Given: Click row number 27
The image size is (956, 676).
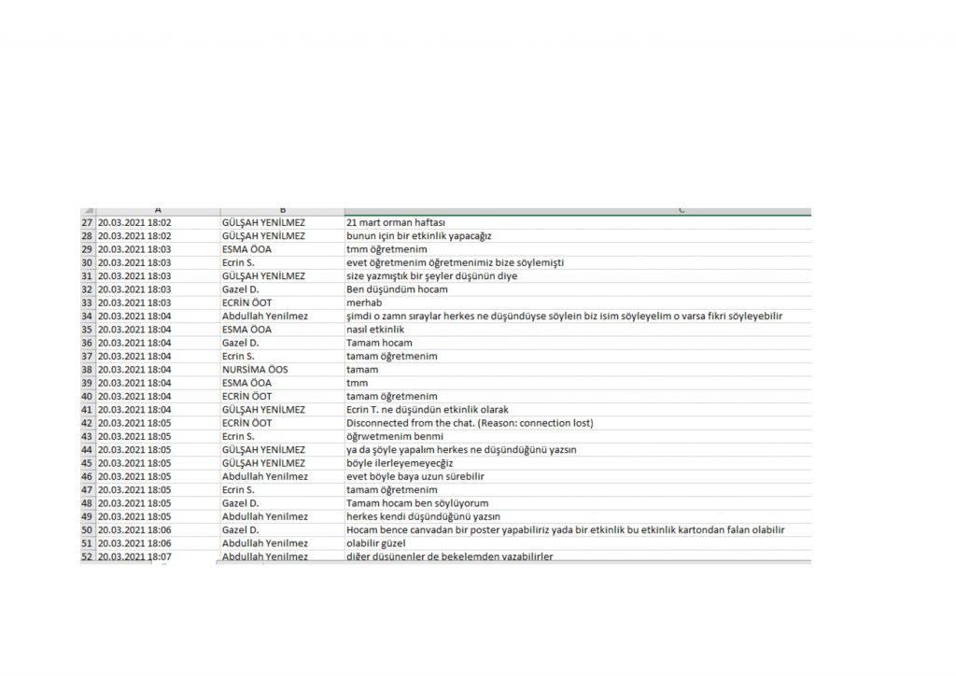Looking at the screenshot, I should (x=88, y=223).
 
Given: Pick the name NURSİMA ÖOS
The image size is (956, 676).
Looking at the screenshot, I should (x=255, y=370).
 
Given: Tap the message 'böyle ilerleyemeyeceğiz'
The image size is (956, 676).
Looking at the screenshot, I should (x=401, y=463).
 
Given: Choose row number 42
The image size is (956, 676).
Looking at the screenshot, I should (x=88, y=423).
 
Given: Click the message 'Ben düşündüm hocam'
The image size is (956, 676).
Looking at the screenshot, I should (x=390, y=289).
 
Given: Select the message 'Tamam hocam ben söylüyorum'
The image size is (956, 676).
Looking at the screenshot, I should (x=412, y=503).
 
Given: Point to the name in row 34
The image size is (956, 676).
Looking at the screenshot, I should (x=265, y=317).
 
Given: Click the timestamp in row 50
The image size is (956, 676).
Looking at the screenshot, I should (x=134, y=529).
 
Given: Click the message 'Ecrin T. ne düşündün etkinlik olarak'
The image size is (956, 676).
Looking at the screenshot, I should (x=428, y=410).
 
